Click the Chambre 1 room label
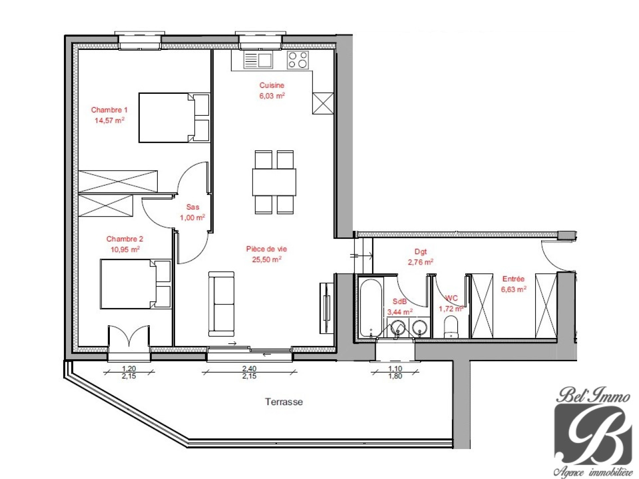109,110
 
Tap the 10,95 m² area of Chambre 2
125,249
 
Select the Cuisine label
272,85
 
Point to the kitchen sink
258,61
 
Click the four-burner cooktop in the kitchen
298,60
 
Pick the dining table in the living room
274,182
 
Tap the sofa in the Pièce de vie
221,304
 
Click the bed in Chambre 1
174,118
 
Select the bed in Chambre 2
136,284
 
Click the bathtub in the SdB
371,308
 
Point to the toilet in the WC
451,328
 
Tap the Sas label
192,207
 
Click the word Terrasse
284,402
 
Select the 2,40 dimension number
250,368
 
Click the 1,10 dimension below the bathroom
395,369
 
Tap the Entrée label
513,279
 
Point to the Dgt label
421,252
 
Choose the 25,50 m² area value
267,259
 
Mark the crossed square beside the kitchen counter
323,103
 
